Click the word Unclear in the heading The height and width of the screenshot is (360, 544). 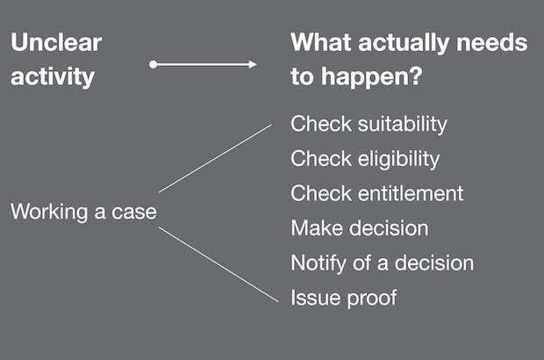click(x=56, y=42)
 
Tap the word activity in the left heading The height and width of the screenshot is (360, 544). click(x=53, y=76)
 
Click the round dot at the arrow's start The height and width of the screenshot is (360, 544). click(x=153, y=65)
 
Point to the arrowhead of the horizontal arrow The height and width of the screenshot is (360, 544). click(x=253, y=65)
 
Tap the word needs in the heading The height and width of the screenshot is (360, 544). click(x=492, y=42)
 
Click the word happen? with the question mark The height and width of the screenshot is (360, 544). click(x=371, y=76)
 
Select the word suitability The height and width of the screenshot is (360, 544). click(x=403, y=125)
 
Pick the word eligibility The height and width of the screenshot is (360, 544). click(x=398, y=159)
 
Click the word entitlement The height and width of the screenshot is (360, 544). click(x=411, y=193)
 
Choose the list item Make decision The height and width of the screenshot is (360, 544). click(x=360, y=228)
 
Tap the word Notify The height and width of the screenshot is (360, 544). click(x=319, y=263)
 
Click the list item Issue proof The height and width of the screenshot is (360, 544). click(x=343, y=298)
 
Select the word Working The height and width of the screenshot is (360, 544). click(x=49, y=212)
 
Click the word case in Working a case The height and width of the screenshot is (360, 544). click(x=134, y=212)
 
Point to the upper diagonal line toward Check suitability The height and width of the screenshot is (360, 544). click(x=216, y=158)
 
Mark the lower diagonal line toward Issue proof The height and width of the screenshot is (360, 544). click(x=218, y=264)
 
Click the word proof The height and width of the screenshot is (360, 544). click(x=371, y=299)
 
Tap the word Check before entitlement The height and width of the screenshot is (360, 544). click(x=321, y=193)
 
